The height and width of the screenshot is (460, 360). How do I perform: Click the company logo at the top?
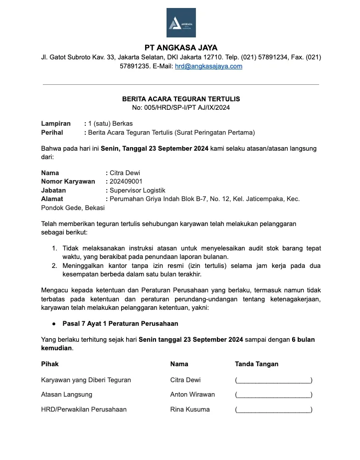(181, 23)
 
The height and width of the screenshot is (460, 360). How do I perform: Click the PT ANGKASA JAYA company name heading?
(181, 48)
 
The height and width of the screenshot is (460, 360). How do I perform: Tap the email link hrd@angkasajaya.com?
(208, 66)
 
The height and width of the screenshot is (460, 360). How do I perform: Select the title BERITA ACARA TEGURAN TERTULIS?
(181, 99)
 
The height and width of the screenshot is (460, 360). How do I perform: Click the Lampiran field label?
(56, 123)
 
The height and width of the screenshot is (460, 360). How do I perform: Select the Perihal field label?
(52, 132)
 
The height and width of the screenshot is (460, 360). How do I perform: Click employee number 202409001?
(126, 182)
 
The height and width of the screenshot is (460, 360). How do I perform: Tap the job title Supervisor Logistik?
(137, 190)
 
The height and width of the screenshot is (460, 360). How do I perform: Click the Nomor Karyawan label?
(68, 182)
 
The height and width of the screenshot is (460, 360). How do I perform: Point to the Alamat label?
(52, 199)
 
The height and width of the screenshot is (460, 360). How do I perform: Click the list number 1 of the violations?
(55, 248)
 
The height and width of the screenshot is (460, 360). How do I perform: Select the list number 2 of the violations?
(55, 265)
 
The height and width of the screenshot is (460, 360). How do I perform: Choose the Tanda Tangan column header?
(256, 364)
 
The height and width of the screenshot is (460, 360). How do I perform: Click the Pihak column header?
(50, 364)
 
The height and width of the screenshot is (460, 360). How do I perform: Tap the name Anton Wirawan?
(192, 395)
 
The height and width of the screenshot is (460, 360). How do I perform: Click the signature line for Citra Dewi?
(273, 381)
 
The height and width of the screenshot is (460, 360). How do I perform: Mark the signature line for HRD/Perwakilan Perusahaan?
(273, 410)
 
